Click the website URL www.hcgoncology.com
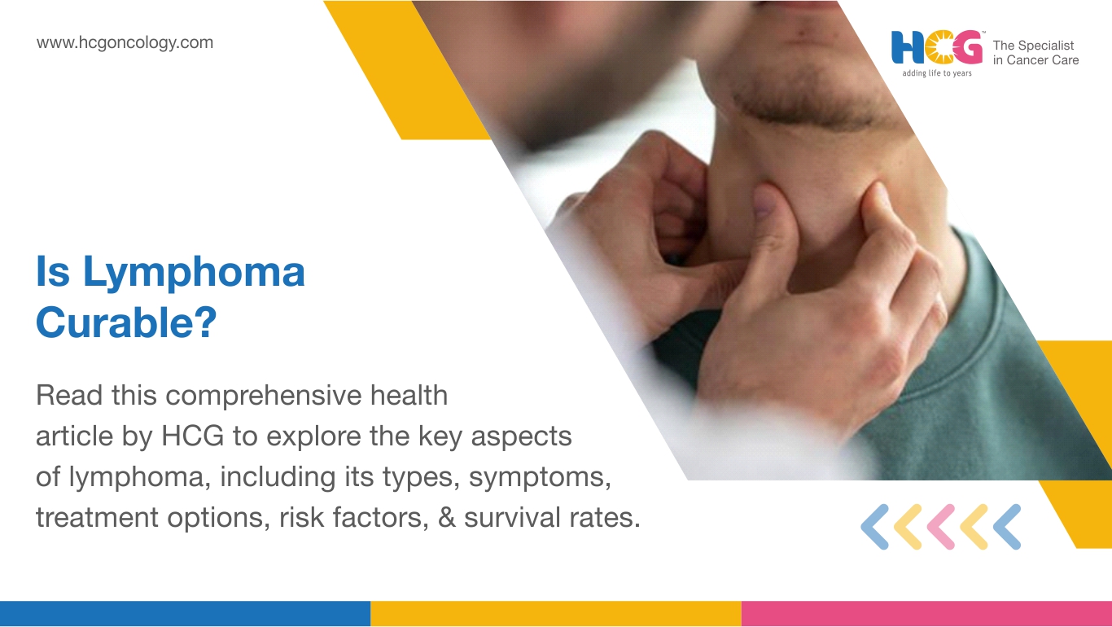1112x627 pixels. point(125,43)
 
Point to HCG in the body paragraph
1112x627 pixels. point(193,436)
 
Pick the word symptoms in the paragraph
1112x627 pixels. point(540,477)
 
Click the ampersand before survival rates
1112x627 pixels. point(447,517)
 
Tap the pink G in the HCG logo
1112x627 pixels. point(967,47)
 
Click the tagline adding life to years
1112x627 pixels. point(937,73)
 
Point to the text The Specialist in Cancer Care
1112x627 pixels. point(1035,53)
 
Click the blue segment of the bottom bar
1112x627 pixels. point(185,614)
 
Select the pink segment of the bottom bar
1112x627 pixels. point(926,614)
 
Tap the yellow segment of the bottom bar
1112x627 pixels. point(556,614)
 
